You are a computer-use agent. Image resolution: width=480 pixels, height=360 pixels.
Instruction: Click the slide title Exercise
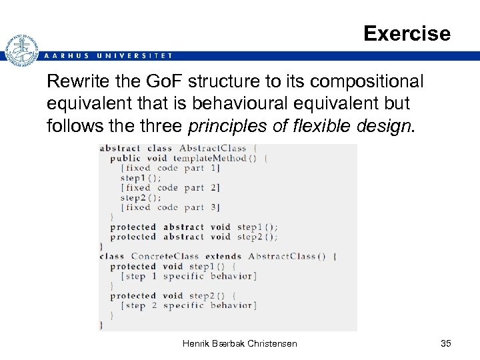click(407, 33)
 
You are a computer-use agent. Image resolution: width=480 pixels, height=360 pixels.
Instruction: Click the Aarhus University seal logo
click(21, 51)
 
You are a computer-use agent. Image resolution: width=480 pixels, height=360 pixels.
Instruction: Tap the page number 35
click(446, 343)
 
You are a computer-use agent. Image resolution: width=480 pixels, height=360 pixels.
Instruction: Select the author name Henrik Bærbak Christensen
click(239, 343)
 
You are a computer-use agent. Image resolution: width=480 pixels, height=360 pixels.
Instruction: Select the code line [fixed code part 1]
click(171, 168)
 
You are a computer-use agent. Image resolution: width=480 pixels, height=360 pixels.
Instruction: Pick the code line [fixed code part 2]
click(171, 188)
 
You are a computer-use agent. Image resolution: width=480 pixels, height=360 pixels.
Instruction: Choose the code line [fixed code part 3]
click(171, 207)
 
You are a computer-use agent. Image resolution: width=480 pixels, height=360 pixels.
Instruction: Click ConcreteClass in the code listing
click(164, 256)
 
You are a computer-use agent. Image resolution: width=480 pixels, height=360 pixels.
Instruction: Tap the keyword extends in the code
click(223, 256)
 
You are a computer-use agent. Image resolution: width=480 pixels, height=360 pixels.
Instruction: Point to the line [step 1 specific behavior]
click(188, 276)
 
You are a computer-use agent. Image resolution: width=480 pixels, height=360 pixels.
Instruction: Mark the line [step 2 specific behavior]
click(188, 305)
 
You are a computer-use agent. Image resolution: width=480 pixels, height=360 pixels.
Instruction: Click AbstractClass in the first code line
click(213, 149)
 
